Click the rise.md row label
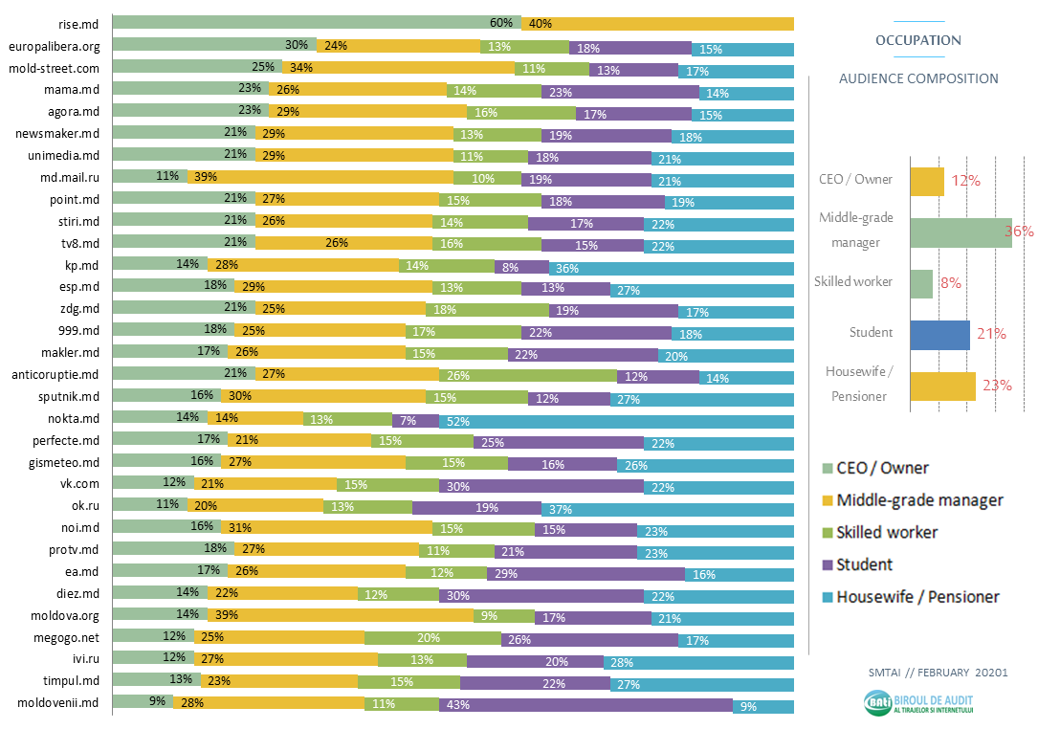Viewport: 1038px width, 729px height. tap(78, 23)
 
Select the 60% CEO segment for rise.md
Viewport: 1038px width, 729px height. tap(317, 23)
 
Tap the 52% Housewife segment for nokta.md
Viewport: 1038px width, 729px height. tap(616, 420)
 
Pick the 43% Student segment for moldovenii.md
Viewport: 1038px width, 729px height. tap(585, 706)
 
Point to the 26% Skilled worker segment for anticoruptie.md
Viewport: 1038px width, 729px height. tap(528, 376)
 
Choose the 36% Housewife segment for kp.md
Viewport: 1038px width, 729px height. tap(671, 266)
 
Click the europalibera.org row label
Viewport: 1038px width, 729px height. tap(54, 46)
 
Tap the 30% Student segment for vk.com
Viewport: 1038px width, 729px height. tap(541, 486)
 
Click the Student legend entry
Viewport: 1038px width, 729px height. tap(864, 564)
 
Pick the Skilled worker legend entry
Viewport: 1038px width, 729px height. tap(887, 532)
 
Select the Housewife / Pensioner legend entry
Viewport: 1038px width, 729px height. tap(917, 597)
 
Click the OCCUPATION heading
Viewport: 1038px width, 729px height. tap(918, 40)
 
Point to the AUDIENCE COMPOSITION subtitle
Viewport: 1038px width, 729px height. tap(918, 78)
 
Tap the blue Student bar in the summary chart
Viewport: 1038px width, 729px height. tap(939, 334)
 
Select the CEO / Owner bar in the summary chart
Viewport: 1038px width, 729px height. tap(927, 181)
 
